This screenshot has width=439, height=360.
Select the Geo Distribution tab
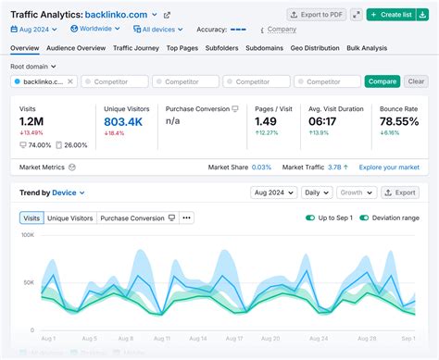click(313, 46)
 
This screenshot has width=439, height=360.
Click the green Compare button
click(383, 81)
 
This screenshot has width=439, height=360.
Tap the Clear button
click(417, 81)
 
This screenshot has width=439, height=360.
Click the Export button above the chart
click(400, 192)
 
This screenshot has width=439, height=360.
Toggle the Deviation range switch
click(365, 217)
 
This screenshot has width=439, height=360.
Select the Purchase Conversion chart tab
click(137, 217)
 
